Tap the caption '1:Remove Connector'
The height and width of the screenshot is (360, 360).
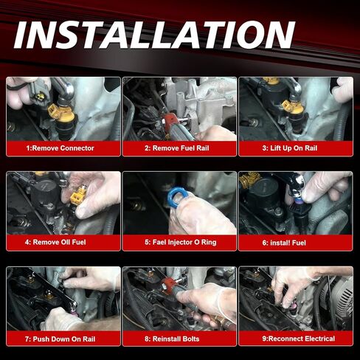click(60, 148)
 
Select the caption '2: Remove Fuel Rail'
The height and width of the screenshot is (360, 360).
click(179, 148)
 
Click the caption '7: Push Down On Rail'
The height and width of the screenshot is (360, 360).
click(60, 339)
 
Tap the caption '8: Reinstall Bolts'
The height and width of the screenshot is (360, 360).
click(179, 339)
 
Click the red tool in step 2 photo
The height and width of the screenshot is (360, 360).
click(173, 116)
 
